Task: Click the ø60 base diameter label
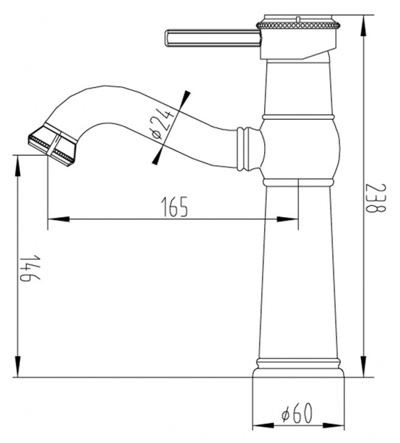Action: point(297,414)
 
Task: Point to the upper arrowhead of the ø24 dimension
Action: point(185,97)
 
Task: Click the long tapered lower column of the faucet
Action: point(299,273)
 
